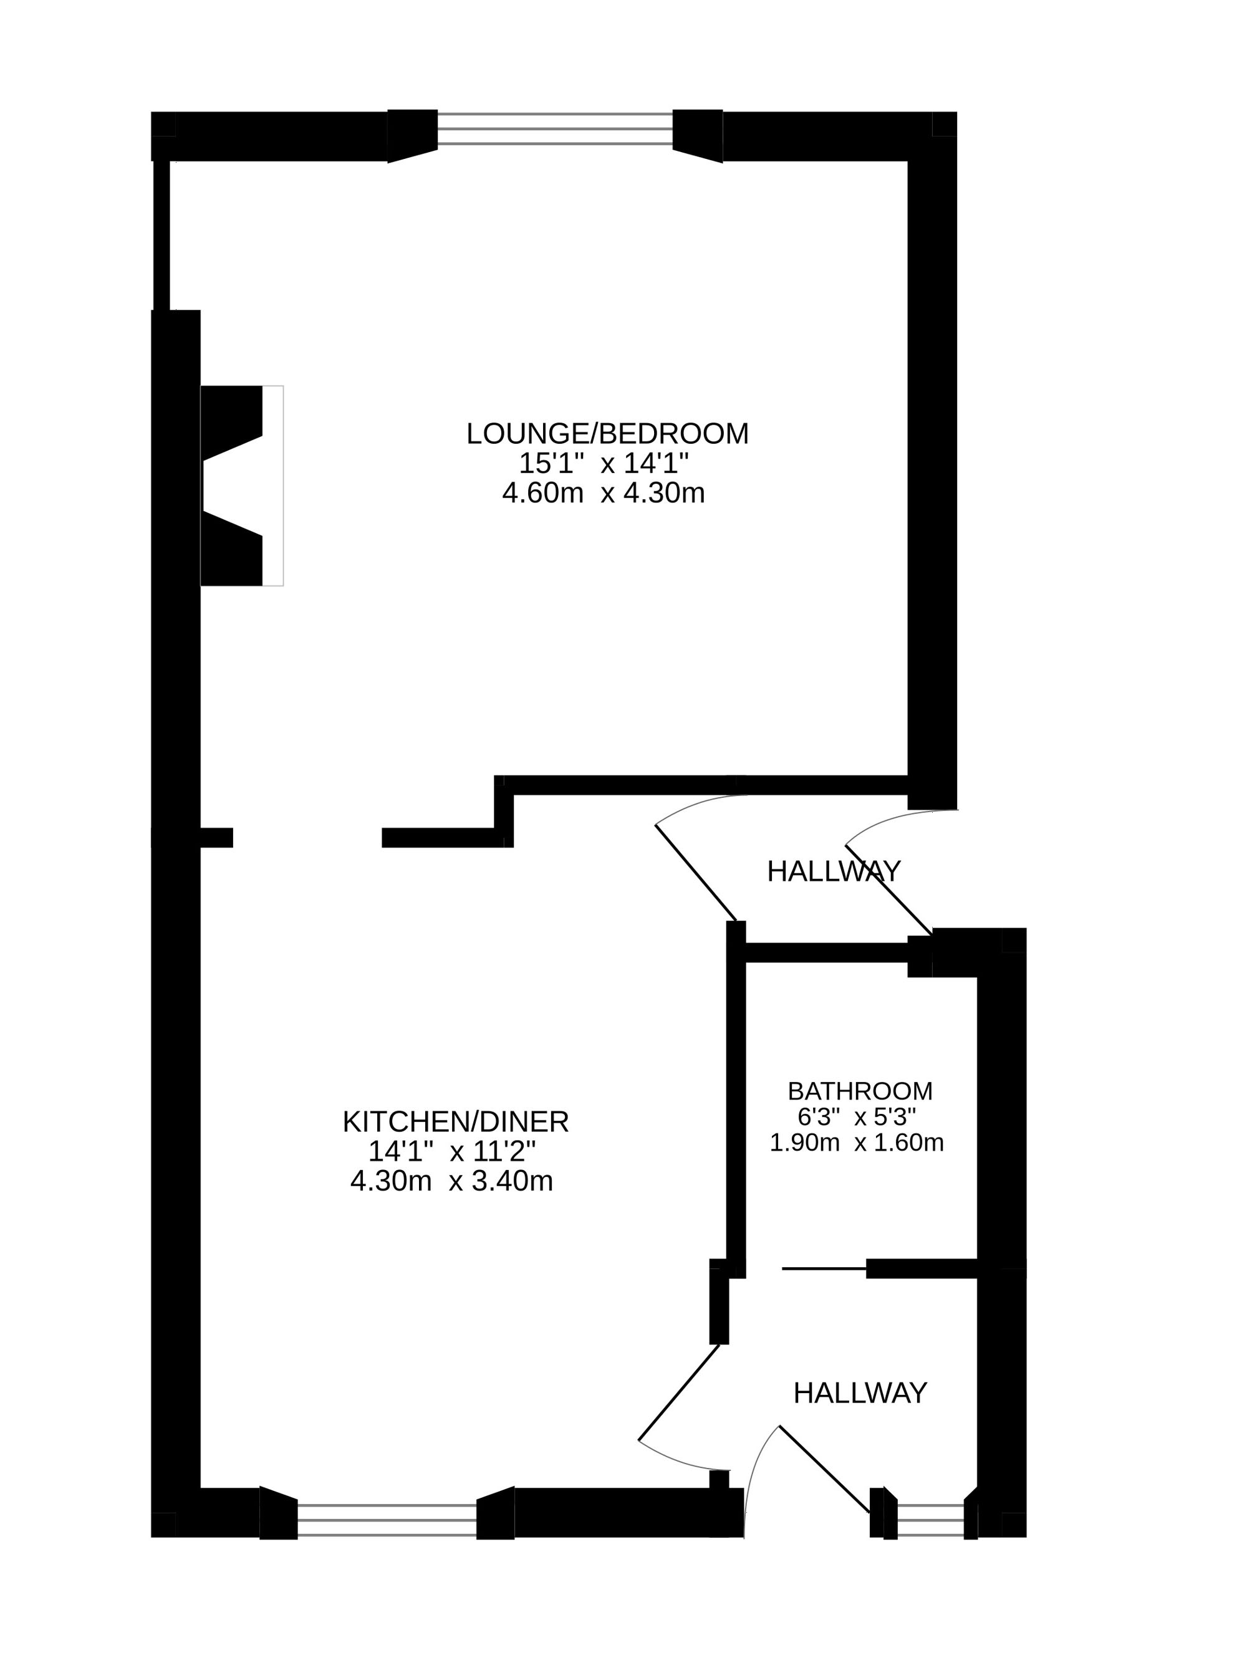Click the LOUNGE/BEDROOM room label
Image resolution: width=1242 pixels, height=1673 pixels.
pos(607,434)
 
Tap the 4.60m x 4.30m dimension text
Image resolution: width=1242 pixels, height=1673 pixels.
pos(604,493)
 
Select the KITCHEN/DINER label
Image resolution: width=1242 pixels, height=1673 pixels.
pos(456,1122)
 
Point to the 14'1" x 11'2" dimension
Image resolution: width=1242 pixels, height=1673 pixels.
pos(452,1151)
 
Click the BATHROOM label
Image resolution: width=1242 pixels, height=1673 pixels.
pos(860,1091)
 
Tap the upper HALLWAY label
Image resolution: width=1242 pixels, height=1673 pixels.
pos(834,871)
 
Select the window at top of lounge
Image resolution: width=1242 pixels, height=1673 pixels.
pos(555,129)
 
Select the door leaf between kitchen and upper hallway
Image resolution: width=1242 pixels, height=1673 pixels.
pos(695,873)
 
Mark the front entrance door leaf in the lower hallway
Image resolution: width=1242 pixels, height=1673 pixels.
pos(825,1469)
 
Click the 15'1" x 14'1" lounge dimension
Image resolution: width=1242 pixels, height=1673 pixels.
pos(604,463)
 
